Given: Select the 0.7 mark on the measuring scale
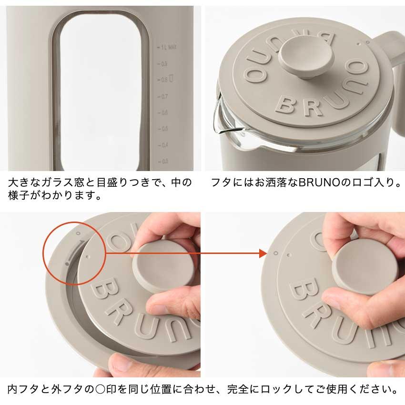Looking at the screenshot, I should pos(165,96).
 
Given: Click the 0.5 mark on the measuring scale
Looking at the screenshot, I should pos(164,129).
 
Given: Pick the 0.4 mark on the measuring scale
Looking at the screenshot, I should pos(164,145).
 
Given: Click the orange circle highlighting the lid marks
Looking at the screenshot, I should pos(74,248).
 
